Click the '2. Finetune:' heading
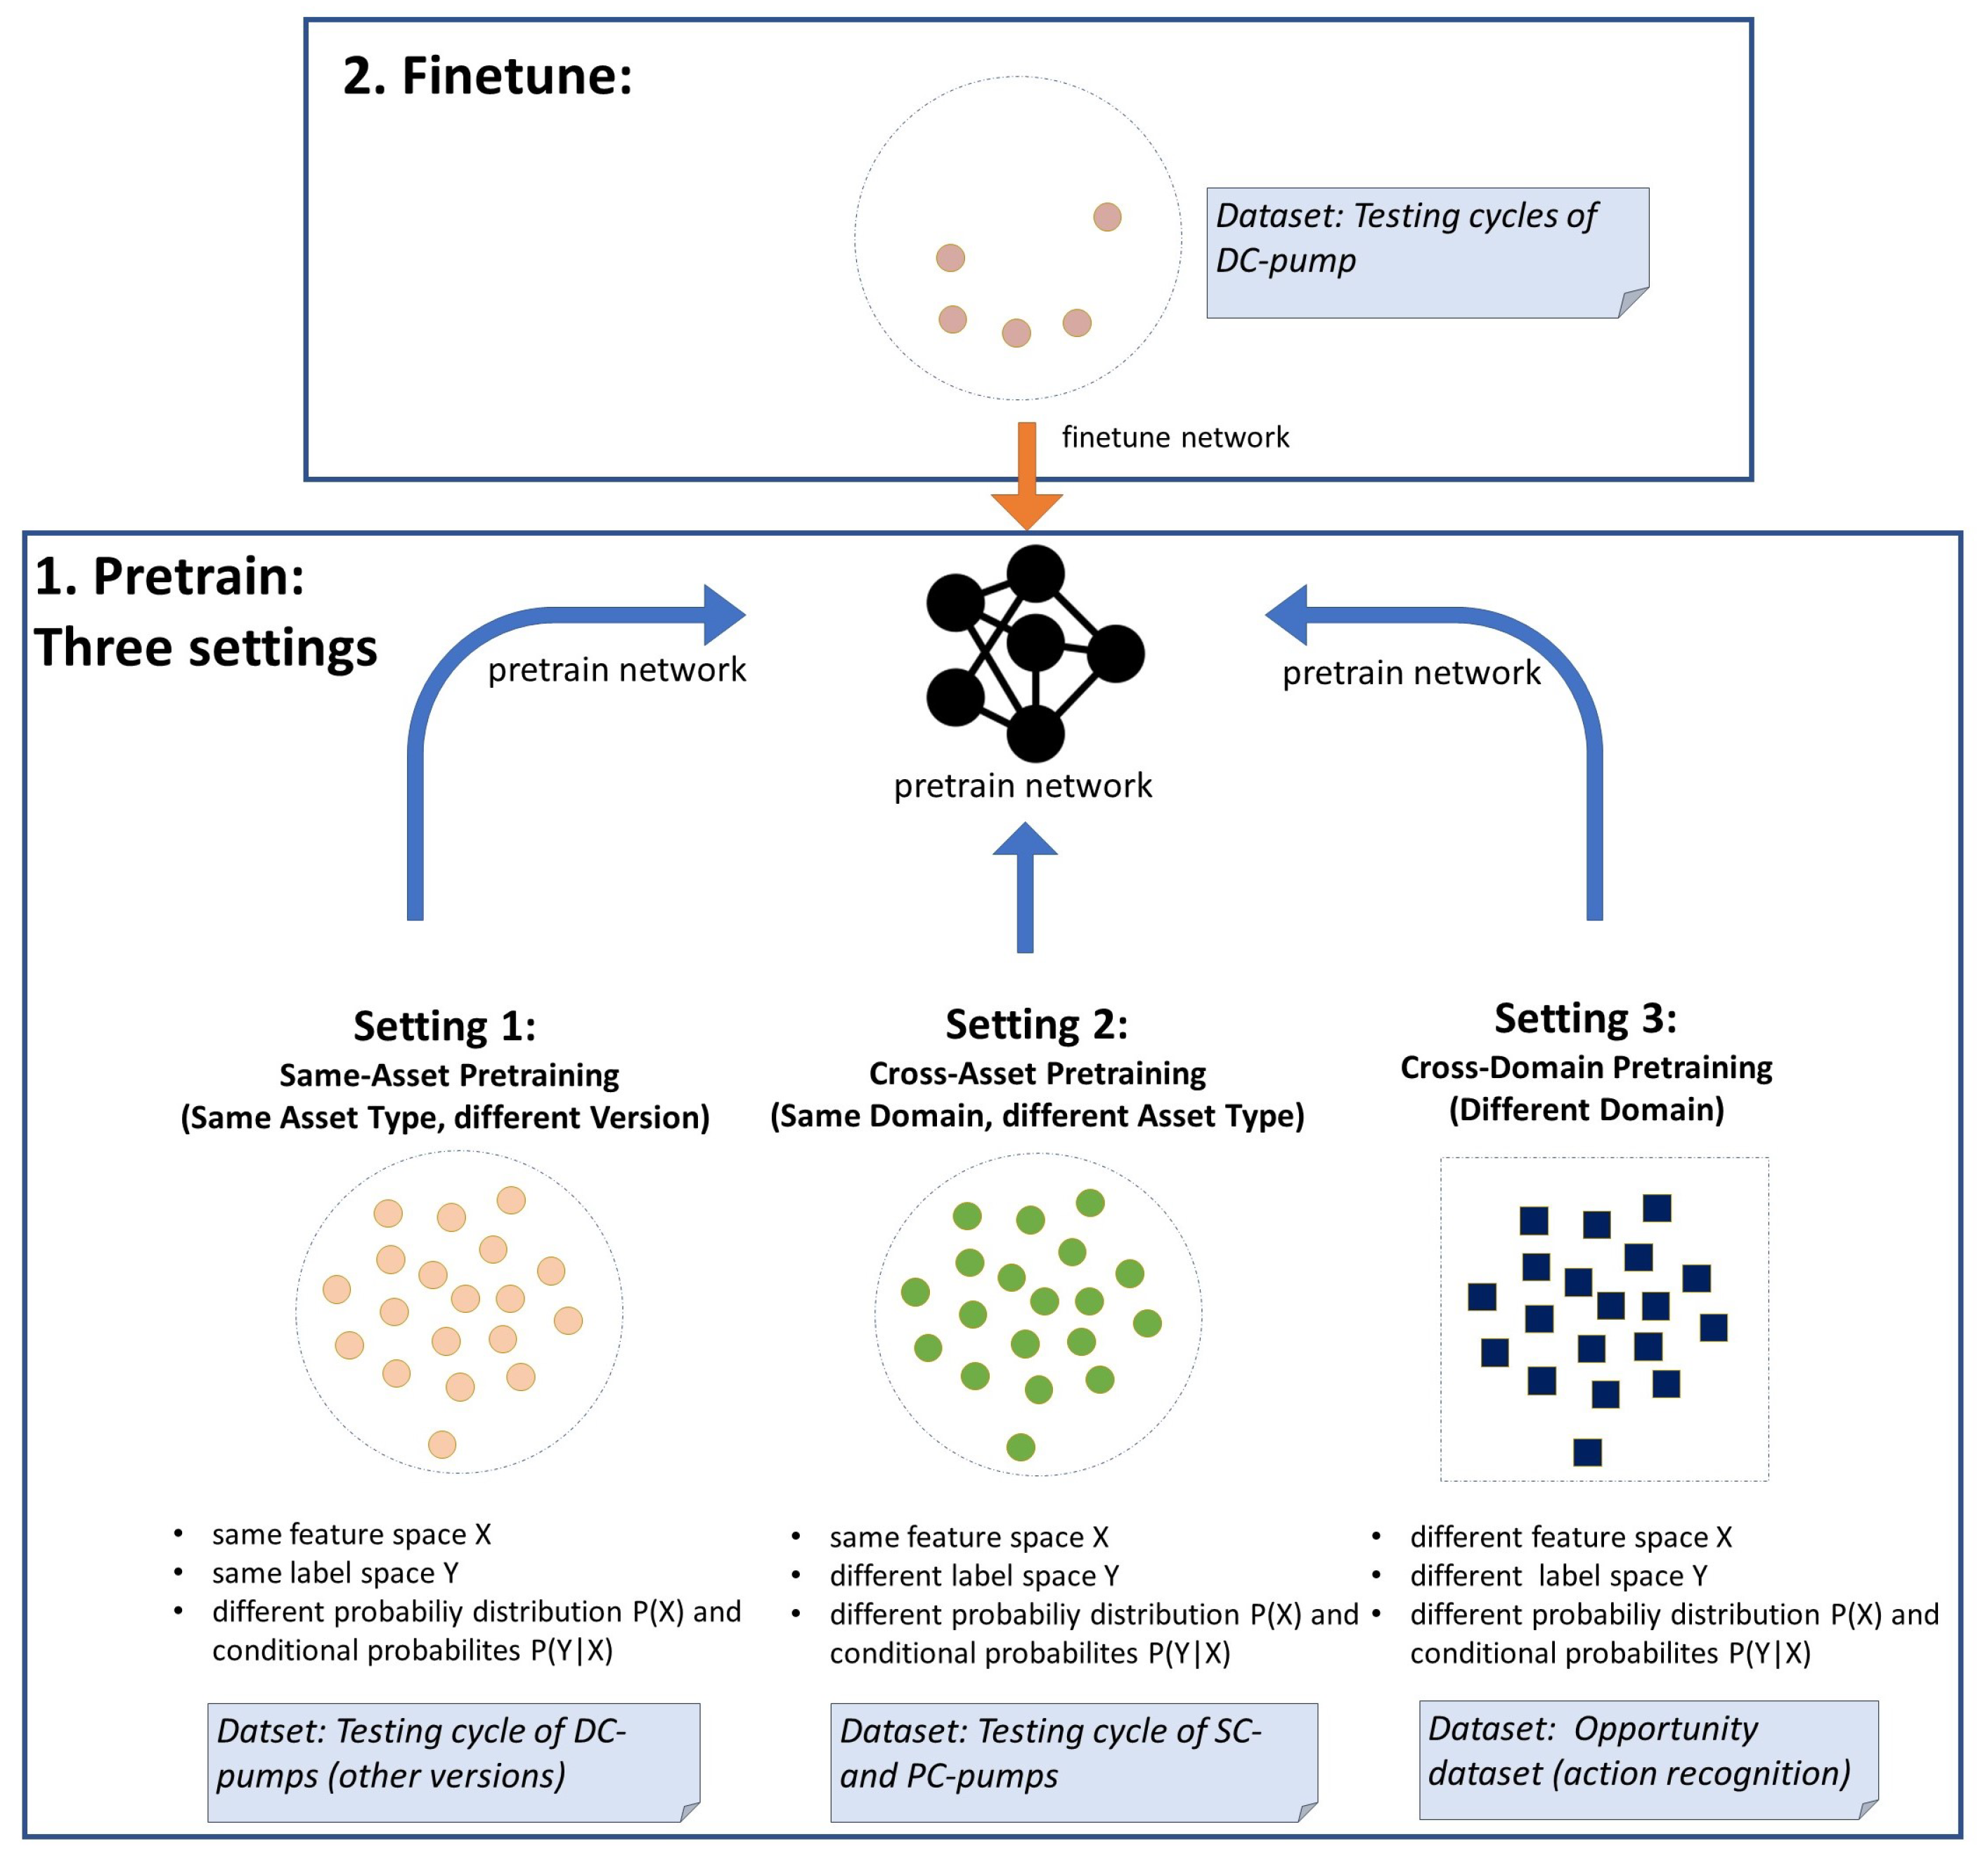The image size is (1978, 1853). (488, 76)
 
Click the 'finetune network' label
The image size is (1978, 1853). (1175, 437)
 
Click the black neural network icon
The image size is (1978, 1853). (1035, 652)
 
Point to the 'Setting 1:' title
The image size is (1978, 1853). (445, 1025)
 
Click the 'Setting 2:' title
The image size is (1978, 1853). (1037, 1023)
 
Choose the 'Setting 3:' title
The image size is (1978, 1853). (1586, 1017)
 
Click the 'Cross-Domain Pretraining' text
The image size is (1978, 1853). (1586, 1067)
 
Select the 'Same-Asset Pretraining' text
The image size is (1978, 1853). (448, 1075)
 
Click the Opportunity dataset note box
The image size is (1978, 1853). (1648, 1759)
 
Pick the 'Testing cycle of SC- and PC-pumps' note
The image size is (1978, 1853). (1073, 1762)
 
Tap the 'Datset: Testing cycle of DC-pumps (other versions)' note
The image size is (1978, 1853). (453, 1762)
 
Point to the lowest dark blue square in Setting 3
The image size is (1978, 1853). (1588, 1452)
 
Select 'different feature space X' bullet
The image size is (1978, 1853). (1570, 1537)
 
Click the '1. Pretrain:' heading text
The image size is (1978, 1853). (170, 576)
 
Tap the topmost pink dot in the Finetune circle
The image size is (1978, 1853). (1107, 217)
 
